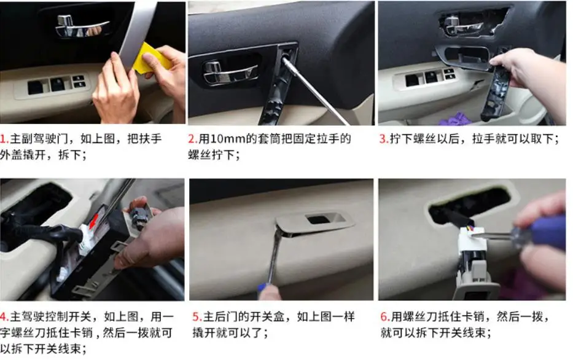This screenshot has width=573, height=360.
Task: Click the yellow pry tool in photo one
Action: point(152,58)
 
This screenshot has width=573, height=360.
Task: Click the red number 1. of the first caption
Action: point(4,139)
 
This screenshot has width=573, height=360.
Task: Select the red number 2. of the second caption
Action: point(193,139)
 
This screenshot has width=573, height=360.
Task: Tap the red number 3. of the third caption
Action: point(384,139)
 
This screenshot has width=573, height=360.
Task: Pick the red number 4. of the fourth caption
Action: point(4,316)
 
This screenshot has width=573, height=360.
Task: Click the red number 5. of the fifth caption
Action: point(197,316)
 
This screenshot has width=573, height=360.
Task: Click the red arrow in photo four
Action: point(93,220)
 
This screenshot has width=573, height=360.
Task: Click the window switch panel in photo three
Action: point(425,79)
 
